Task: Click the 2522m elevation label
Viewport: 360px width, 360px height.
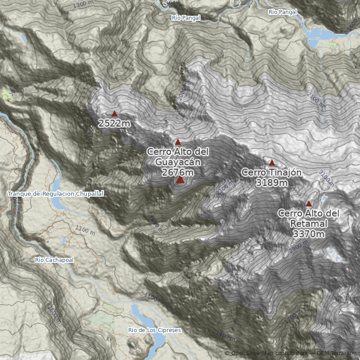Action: [115, 123]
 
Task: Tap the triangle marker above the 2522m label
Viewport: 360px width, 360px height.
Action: [114, 114]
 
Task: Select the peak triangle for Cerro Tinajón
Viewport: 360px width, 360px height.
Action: [272, 162]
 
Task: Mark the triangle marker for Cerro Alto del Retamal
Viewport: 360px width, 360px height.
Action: [309, 203]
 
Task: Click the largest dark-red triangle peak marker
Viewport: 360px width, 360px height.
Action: [180, 180]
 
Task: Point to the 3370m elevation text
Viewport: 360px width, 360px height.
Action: [308, 234]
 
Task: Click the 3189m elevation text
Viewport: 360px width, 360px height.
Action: [271, 182]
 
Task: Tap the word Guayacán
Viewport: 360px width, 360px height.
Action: [178, 162]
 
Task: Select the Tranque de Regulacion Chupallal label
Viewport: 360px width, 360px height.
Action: [55, 193]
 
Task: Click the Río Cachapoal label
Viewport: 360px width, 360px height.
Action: [54, 260]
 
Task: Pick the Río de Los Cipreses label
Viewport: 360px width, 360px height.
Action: [154, 330]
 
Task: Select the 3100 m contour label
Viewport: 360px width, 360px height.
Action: [326, 178]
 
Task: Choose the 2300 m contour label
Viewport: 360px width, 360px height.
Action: [224, 189]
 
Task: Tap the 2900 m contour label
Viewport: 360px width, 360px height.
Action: [299, 246]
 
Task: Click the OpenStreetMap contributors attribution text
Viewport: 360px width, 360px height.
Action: [265, 353]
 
